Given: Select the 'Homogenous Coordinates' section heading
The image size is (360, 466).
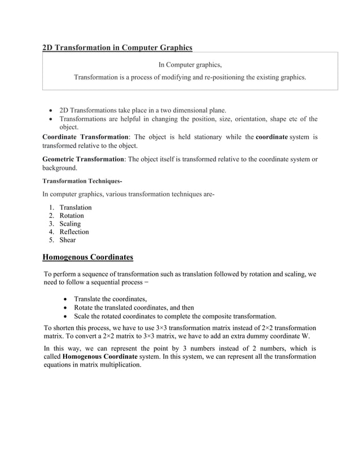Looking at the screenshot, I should (88, 258).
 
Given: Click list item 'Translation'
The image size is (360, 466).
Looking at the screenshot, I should (76, 208).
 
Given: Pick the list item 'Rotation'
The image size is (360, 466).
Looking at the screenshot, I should (72, 216).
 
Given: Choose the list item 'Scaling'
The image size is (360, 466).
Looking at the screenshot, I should (70, 224).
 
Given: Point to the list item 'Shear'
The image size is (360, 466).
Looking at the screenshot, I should (68, 240).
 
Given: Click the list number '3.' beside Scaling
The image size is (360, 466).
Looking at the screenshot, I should (52, 224).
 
